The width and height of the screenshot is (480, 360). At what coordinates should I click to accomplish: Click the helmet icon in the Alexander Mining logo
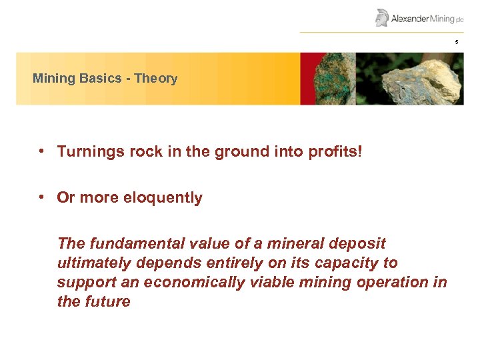[382, 17]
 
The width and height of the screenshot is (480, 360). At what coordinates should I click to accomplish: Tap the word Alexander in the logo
[410, 19]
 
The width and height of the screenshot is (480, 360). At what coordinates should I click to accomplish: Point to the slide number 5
[457, 43]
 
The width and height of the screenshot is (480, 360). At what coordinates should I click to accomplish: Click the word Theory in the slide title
[155, 79]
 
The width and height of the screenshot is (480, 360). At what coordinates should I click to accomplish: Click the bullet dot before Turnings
[41, 152]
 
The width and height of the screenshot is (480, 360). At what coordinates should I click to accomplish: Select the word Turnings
[86, 153]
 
